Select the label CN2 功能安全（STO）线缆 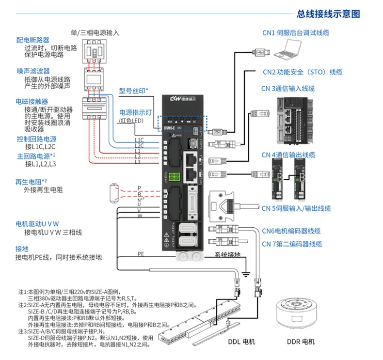pyautogui.click(x=302, y=72)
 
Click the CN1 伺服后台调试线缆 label pyautogui.click(x=296, y=33)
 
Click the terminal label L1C pyautogui.click(x=139, y=140)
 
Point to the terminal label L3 pyautogui.click(x=137, y=162)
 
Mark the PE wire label pyautogui.click(x=141, y=253)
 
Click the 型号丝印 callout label pyautogui.click(x=133, y=90)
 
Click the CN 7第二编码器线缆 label pyautogui.click(x=291, y=244)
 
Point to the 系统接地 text pyautogui.click(x=227, y=255)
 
